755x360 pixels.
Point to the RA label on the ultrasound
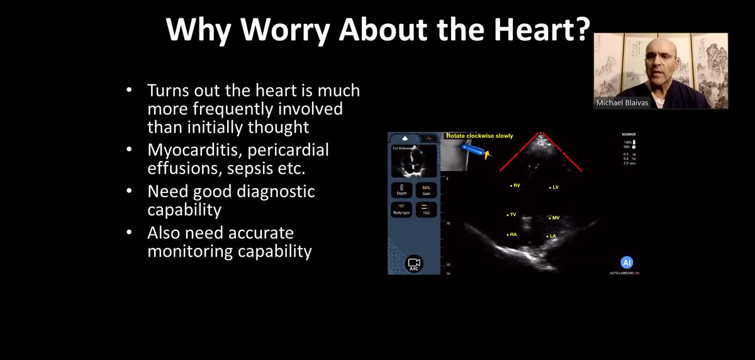coord(512,234)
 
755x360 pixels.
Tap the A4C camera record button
coord(413,264)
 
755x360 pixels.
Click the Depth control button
coord(401,190)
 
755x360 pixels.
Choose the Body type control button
coord(401,209)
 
